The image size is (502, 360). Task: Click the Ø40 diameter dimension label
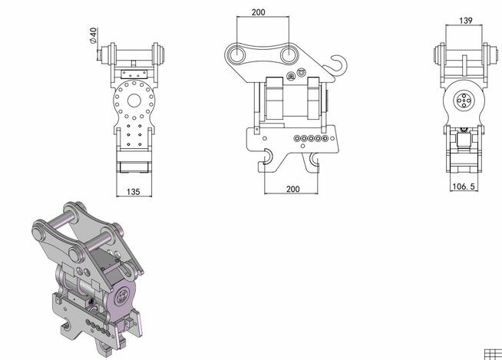tap(93, 36)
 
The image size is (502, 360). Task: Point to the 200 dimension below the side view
tap(292, 188)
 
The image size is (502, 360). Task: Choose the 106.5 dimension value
tap(463, 186)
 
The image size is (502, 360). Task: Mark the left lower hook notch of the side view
tap(267, 158)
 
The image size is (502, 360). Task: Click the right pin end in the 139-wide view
tap(487, 56)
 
